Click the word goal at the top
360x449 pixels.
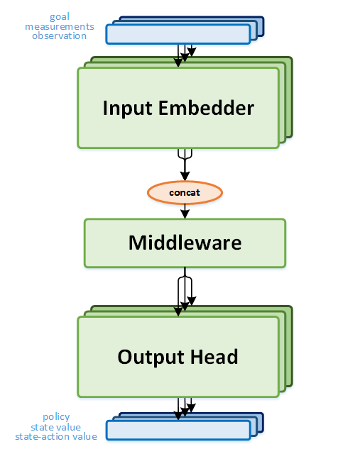click(60, 16)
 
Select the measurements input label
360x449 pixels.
click(60, 26)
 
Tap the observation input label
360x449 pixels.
click(60, 35)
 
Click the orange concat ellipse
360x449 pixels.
click(185, 192)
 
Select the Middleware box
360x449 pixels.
click(185, 243)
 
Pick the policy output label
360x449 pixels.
click(56, 417)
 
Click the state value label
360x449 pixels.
click(56, 427)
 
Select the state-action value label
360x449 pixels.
click(56, 436)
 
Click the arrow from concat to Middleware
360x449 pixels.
click(185, 211)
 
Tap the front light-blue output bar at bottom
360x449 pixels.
click(178, 430)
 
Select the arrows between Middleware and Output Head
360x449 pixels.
click(185, 291)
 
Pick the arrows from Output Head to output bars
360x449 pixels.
click(185, 407)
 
